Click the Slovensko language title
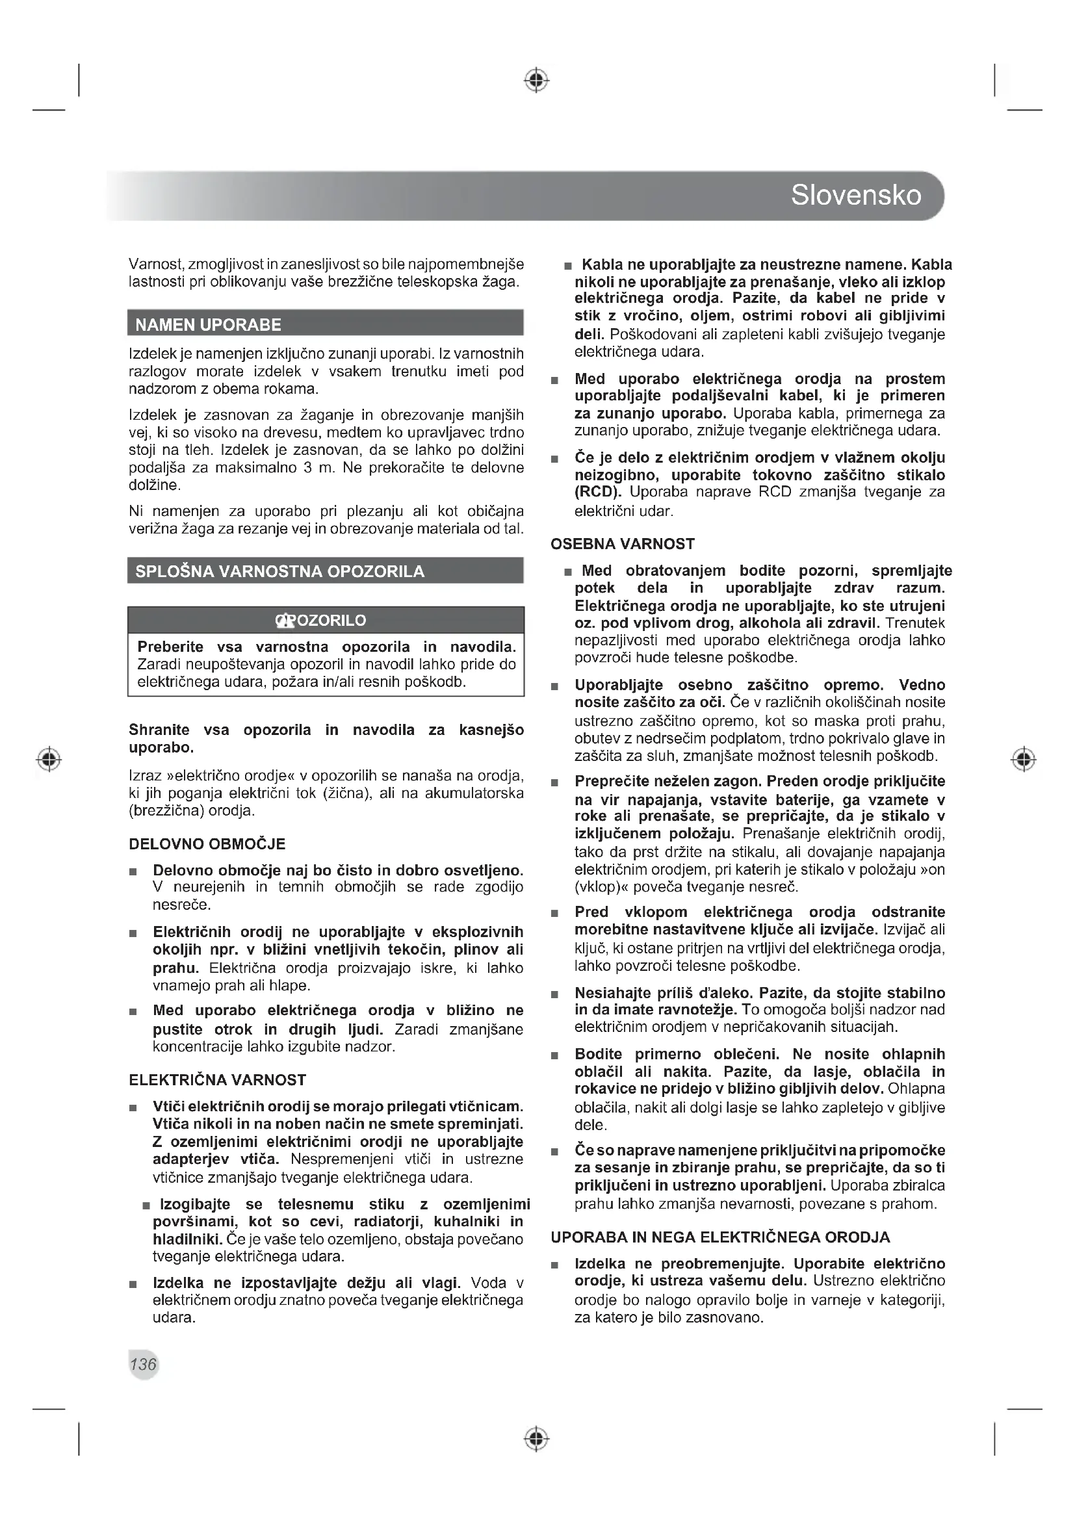855,196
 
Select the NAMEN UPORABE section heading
208,324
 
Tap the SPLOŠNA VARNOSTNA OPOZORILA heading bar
279,571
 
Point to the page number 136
143,1364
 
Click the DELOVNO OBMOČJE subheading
207,844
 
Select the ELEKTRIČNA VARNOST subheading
217,1080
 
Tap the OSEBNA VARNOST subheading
622,544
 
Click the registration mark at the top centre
537,80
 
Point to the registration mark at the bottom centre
537,1439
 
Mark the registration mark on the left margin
49,758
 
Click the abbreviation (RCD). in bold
598,493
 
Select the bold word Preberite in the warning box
170,647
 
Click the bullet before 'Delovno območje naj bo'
133,871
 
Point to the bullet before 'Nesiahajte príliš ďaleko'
554,994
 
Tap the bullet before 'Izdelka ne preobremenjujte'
554,1265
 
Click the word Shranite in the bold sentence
159,730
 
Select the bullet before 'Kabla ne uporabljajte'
568,266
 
